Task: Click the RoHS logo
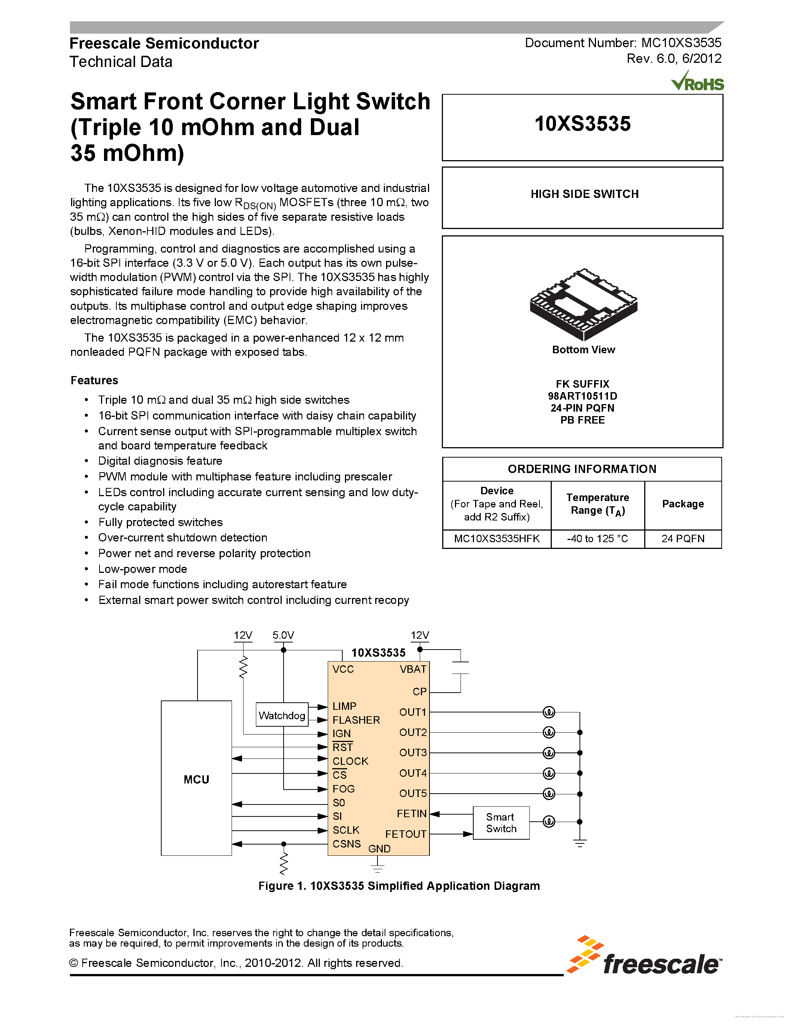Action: pos(697,82)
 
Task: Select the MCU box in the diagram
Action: pos(196,778)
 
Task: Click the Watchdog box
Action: pos(282,715)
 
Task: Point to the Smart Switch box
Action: pos(501,822)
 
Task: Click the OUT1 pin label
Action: pos(413,712)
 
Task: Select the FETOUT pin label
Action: pos(406,834)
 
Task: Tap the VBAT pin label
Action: pos(413,669)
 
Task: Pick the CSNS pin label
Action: pos(347,843)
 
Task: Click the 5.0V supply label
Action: pos(283,635)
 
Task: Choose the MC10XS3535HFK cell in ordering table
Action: pos(497,538)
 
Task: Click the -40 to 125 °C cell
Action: pos(597,538)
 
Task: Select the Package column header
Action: pos(682,504)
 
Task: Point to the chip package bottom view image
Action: pos(584,304)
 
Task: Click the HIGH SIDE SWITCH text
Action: pos(584,194)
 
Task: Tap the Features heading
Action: pos(94,380)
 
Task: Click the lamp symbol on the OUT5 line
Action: pos(549,793)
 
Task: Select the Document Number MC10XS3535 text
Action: pos(623,43)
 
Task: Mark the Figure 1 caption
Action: pos(399,886)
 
